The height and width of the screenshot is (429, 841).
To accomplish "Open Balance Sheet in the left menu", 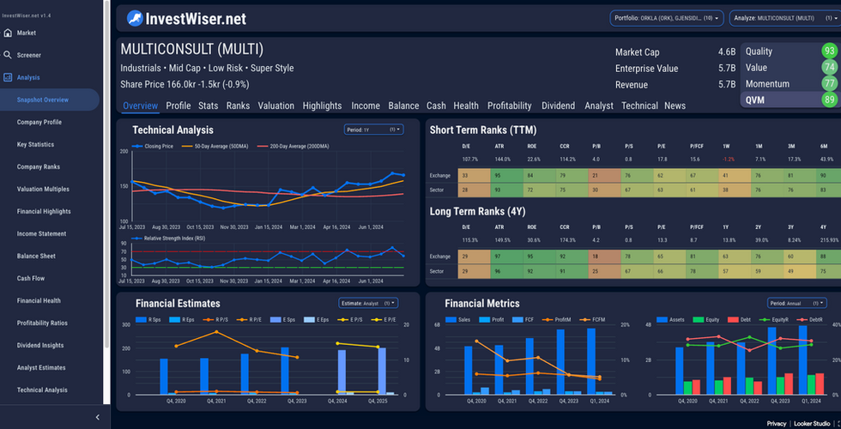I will point(36,256).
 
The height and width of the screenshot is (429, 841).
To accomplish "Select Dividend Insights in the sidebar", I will point(40,345).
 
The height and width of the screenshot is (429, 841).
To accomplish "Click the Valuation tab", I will point(275,106).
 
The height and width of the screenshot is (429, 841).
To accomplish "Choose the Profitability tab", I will point(509,106).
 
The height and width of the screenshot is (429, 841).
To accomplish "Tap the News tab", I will point(675,106).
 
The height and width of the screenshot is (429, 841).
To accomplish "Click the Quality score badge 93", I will point(828,51).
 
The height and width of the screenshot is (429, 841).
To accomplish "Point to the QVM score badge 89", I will point(828,100).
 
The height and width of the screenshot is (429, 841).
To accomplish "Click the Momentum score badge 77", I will point(828,83).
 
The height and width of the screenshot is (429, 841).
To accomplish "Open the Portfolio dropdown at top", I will point(666,17).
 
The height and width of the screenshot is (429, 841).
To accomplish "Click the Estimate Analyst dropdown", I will point(368,303).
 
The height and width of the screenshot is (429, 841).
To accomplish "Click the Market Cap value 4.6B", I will point(726,52).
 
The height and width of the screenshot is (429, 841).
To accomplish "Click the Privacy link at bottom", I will point(776,424).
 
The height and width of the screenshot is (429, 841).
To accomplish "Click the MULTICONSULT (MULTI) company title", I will point(192,49).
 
